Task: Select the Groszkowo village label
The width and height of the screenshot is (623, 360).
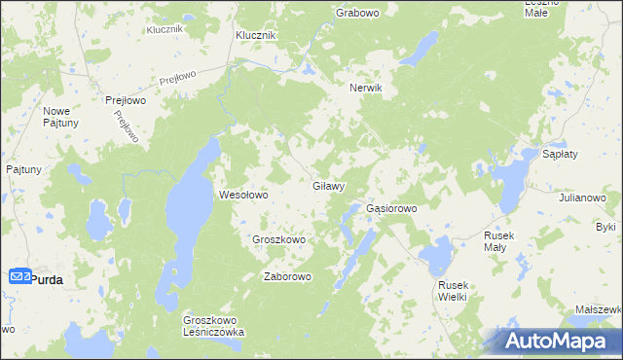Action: click(279, 239)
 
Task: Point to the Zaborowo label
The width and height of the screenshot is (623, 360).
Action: click(287, 276)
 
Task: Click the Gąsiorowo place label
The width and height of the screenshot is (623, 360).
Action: click(391, 208)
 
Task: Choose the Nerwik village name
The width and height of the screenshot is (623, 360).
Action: click(367, 88)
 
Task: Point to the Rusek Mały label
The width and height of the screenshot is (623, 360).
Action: click(508, 241)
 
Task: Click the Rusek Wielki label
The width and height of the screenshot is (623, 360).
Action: click(454, 290)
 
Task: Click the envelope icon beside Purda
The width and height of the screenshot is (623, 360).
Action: click(20, 276)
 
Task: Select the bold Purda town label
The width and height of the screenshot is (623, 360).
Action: click(48, 279)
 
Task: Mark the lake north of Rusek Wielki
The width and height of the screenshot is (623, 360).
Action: click(435, 256)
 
